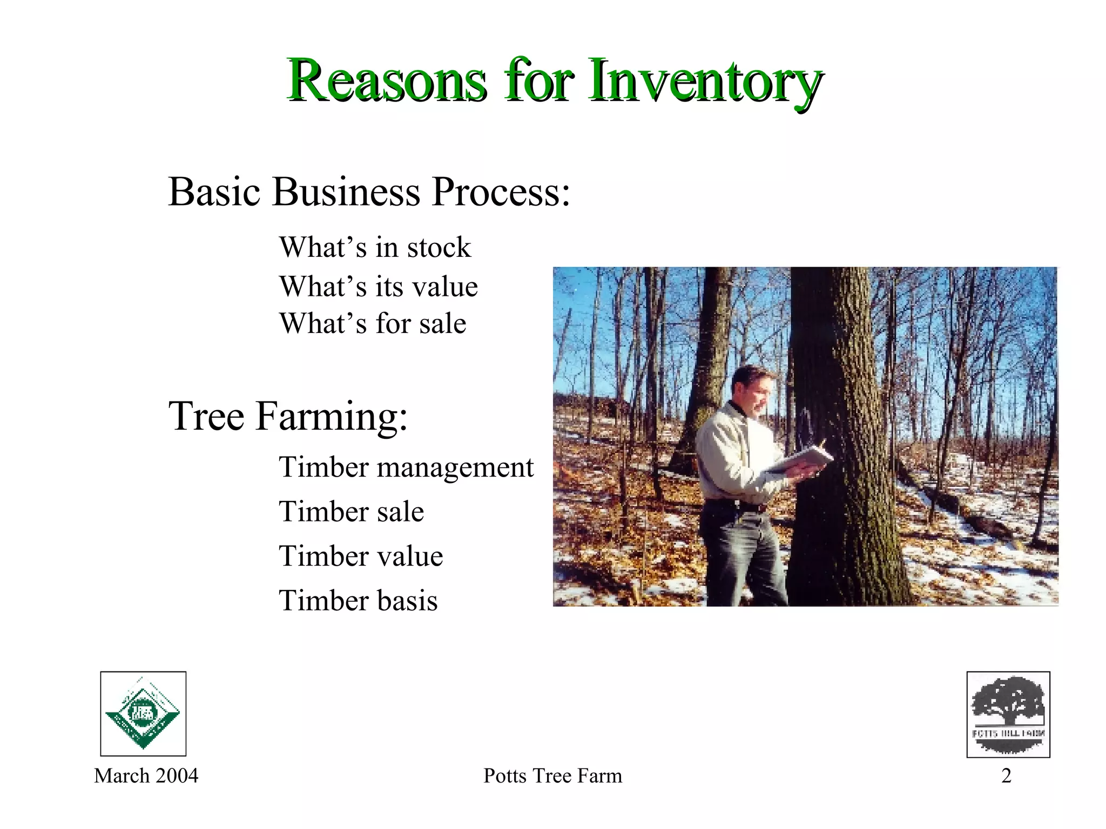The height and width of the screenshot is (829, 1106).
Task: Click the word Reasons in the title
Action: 386,81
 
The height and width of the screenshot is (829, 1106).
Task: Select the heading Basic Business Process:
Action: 369,192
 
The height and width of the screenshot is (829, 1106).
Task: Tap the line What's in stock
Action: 375,248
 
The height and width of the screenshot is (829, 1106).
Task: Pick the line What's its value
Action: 378,286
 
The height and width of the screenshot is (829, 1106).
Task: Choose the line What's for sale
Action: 372,324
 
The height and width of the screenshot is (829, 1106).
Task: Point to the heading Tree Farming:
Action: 288,416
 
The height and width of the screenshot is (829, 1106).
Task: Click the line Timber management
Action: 406,467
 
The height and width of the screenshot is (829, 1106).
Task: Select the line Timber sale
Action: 351,512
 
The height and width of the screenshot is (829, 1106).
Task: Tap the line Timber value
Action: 360,556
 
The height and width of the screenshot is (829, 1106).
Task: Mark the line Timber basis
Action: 358,601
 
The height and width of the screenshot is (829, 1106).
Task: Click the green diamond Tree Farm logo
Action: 143,714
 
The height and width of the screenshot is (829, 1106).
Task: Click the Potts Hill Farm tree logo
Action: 1008,714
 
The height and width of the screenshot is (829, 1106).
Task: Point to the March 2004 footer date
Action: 146,776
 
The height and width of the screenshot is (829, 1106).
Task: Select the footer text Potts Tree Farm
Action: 552,776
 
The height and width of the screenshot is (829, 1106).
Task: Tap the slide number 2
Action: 1006,776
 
